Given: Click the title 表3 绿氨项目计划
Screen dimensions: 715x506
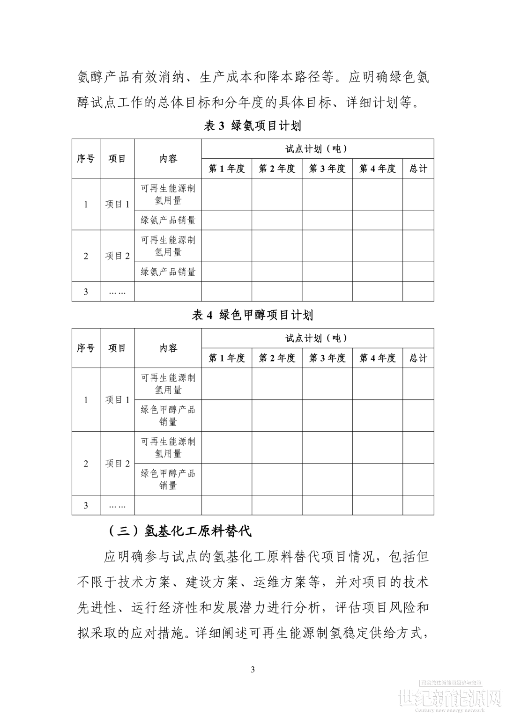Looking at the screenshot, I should [x=253, y=126].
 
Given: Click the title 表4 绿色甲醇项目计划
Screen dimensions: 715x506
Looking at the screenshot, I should [x=253, y=315].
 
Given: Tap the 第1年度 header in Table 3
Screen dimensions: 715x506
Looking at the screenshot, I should [x=227, y=169].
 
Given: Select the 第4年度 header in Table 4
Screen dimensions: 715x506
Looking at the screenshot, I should [x=377, y=358].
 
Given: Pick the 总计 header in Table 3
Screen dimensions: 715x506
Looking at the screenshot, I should [x=418, y=169].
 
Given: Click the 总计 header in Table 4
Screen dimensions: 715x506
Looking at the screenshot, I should [x=418, y=358].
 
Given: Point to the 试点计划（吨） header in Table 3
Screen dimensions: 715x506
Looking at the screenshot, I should [x=317, y=149].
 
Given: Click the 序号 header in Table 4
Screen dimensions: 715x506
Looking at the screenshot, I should [x=86, y=348].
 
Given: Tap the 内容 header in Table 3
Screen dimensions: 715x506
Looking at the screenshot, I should [x=168, y=159].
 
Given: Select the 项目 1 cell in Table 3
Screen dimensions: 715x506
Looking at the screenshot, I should [x=117, y=204].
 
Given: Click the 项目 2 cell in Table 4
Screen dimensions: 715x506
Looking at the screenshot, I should [x=117, y=464].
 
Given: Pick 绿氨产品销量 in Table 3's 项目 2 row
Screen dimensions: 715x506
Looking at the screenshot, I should [x=168, y=272].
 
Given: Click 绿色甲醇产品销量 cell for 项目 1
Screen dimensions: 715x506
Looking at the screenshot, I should [x=168, y=415].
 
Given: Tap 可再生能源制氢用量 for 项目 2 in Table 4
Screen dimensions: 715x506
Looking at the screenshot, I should [x=168, y=447].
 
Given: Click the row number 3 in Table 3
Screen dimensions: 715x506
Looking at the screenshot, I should [x=86, y=292].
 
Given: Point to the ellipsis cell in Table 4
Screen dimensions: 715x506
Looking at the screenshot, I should [x=117, y=505].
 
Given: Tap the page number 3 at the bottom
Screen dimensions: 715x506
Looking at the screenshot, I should [x=253, y=669].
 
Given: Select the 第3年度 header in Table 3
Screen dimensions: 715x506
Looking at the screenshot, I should [x=327, y=169].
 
